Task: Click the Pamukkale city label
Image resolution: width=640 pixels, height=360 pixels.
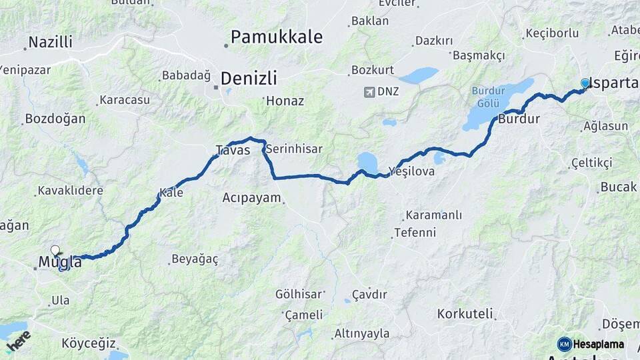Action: click(x=277, y=37)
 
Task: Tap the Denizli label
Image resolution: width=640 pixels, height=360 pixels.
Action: click(x=248, y=78)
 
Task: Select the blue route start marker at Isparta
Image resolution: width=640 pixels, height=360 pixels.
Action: click(x=585, y=83)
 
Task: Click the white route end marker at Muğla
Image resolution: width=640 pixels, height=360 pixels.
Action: click(x=55, y=251)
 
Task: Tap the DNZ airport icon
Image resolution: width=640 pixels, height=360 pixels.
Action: click(x=369, y=91)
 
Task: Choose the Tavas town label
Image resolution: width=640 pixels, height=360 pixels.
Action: click(x=233, y=150)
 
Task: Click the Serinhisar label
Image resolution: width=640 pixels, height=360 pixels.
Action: click(x=294, y=150)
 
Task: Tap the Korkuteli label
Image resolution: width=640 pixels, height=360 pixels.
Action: click(x=465, y=313)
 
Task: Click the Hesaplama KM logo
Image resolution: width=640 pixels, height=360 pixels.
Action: click(x=591, y=344)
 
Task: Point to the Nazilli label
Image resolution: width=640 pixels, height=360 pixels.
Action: click(x=49, y=43)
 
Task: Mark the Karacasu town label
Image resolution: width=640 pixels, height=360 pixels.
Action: click(x=124, y=100)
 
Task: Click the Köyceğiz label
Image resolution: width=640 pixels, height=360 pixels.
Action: click(x=85, y=343)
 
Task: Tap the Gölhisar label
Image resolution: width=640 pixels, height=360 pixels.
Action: click(x=299, y=294)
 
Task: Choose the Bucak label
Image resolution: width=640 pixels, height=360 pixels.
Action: click(x=618, y=187)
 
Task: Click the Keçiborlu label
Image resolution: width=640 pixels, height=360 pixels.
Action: click(x=552, y=33)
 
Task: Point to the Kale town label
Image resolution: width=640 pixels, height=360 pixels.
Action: click(x=171, y=193)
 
